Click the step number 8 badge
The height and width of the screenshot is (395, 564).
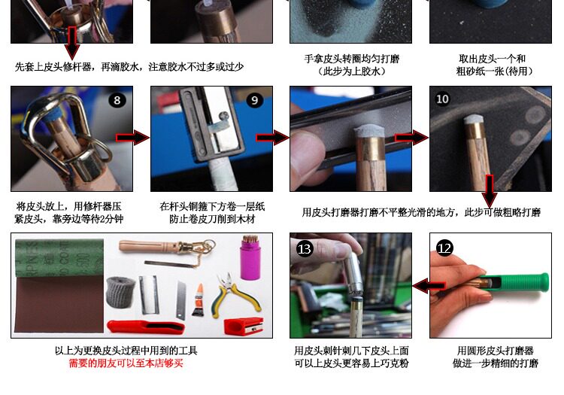[x=117, y=100]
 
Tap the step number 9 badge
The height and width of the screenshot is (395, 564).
[x=255, y=100]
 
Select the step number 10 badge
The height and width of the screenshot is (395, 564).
[x=442, y=99]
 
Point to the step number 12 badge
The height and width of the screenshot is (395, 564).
[x=444, y=248]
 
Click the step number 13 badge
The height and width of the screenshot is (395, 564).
[x=305, y=248]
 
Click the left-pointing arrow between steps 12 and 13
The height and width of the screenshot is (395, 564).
[x=429, y=286]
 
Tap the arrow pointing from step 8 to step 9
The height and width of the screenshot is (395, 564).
[x=132, y=138]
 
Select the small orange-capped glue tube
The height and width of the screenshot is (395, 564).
[x=198, y=299]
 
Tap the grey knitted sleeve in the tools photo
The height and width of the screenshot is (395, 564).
[x=121, y=293]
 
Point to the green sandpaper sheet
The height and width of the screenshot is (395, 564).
[x=59, y=258]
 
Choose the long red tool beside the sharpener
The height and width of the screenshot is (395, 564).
[x=146, y=327]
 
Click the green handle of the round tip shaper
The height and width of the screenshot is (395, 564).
[x=520, y=282]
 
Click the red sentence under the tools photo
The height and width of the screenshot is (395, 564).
[x=126, y=363]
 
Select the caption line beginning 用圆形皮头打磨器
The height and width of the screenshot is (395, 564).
[x=495, y=351]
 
